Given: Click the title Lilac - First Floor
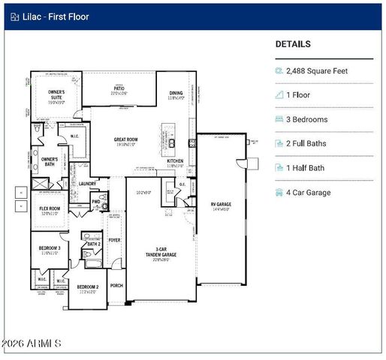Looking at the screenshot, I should [56, 16].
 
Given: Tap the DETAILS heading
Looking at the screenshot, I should [293, 44].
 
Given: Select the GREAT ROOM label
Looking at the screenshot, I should [125, 139].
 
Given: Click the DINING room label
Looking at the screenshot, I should [176, 94].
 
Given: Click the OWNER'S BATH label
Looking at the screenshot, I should [50, 161].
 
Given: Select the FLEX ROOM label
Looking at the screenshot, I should [50, 210].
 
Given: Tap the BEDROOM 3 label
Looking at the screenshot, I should [50, 248].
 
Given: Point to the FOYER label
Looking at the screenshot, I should [114, 240].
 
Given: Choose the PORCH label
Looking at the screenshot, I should [116, 286].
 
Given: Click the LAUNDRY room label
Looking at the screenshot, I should [87, 184].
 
